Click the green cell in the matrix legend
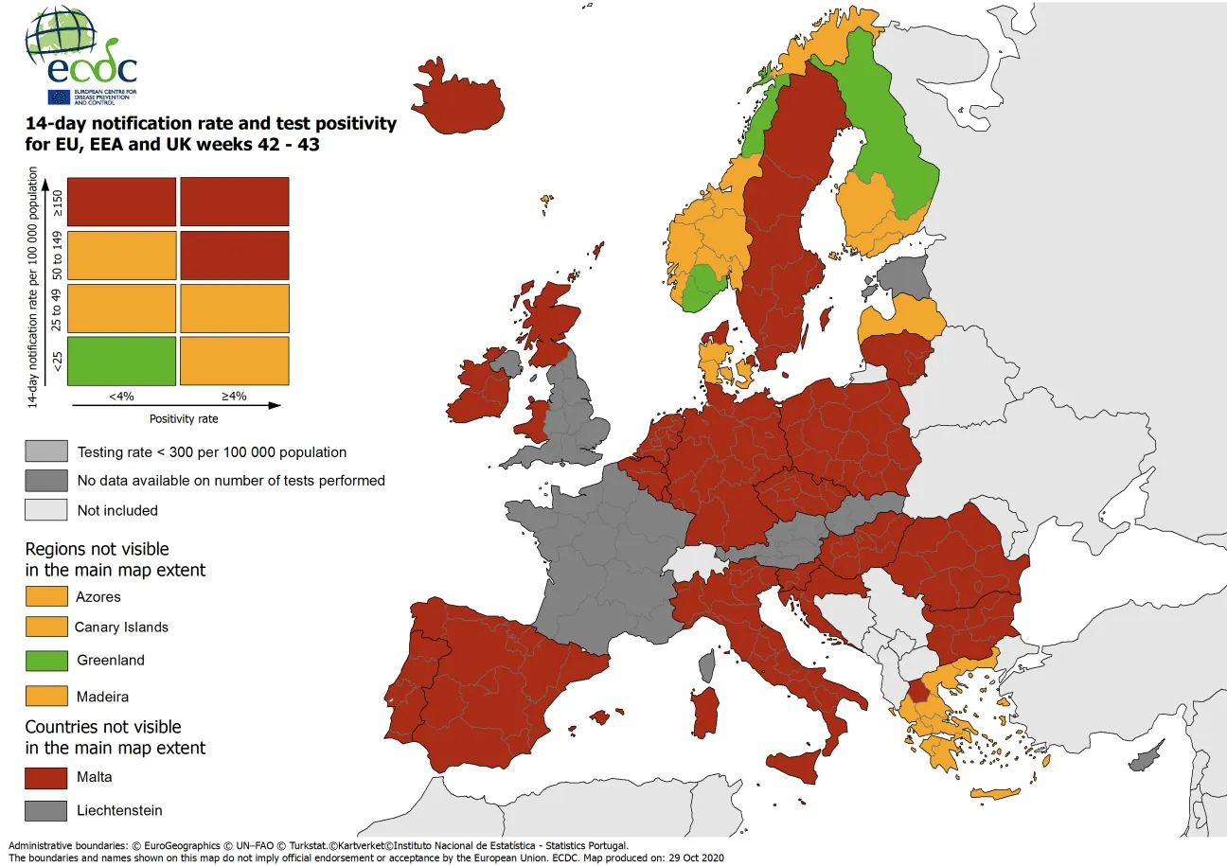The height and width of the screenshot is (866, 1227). coord(121,361)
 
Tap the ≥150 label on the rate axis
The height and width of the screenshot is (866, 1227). coord(57,202)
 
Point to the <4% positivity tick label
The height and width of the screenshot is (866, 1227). coord(121,397)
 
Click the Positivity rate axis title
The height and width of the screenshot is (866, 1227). coord(177,417)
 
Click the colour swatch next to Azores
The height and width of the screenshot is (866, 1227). coord(46,596)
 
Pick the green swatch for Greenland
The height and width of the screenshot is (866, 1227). coord(46,660)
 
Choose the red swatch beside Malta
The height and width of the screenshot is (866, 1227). coord(46,777)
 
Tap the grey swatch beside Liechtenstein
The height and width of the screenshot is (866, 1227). coord(46,810)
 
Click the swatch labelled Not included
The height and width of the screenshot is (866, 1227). coord(46,510)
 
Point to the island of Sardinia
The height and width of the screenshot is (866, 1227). coord(704,713)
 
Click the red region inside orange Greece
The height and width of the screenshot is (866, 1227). coord(917,692)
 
